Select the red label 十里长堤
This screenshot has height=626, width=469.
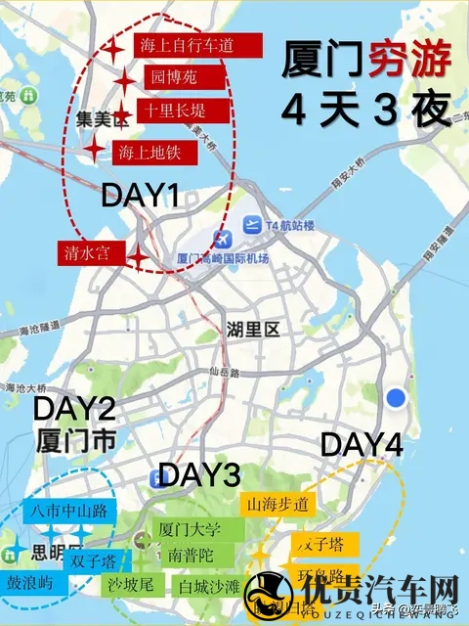[184, 111]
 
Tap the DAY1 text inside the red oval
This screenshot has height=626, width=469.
[140, 196]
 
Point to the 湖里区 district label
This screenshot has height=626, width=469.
[253, 330]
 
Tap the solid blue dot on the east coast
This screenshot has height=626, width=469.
[396, 397]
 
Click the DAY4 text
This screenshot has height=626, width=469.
[362, 445]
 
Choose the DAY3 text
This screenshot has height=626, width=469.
[199, 475]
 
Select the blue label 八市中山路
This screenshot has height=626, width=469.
[67, 510]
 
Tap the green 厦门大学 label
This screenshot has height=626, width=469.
[189, 531]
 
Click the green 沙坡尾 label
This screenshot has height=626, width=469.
[133, 585]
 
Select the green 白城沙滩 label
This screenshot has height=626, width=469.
[208, 587]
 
